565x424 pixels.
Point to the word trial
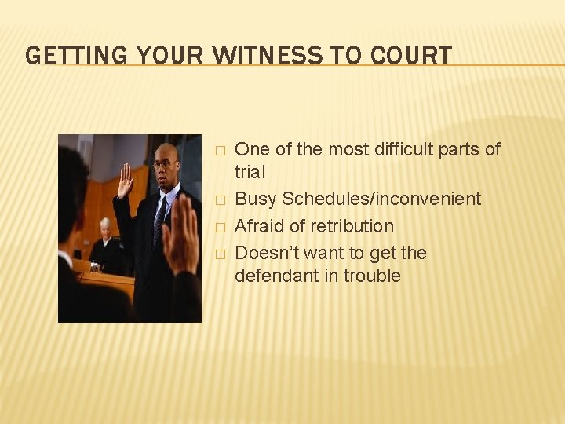(x=250, y=172)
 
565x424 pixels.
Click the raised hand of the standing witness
(x=126, y=181)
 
